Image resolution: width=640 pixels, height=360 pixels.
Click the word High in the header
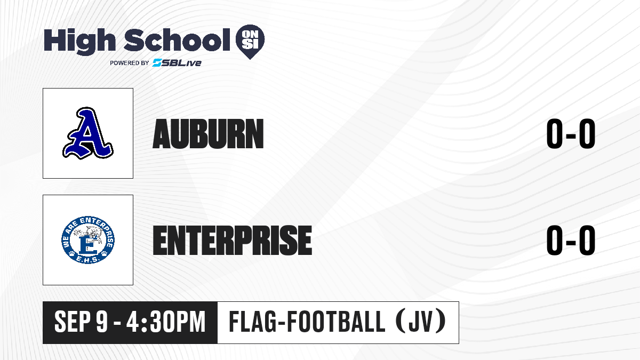pos(79,42)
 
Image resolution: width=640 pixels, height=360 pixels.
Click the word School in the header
pos(177,40)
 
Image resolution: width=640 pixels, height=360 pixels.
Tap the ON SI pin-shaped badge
pos(250,42)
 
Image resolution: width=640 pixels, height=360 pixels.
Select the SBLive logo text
pos(177,63)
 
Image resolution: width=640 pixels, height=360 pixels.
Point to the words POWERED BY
pos(130,63)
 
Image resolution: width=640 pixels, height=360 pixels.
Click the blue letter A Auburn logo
pos(88,133)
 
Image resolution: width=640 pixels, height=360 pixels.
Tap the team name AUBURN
pos(209,134)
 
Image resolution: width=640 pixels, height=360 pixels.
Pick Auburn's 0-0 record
pos(571,134)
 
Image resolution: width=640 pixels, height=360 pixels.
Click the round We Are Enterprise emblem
pos(88,239)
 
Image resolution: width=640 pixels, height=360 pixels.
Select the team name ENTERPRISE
pos(233,240)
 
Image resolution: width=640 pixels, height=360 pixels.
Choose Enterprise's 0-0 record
pos(571,240)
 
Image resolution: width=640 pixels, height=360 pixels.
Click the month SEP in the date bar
pos(73,322)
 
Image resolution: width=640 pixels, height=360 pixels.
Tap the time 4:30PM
pos(166,322)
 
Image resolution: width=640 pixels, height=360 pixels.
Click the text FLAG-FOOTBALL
pos(307,322)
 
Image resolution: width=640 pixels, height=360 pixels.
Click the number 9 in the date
pos(102,322)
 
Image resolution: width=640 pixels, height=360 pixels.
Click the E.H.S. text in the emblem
pos(88,260)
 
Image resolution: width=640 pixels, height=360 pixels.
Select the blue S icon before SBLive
pos(157,63)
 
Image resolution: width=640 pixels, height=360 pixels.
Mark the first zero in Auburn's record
pos(555,134)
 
